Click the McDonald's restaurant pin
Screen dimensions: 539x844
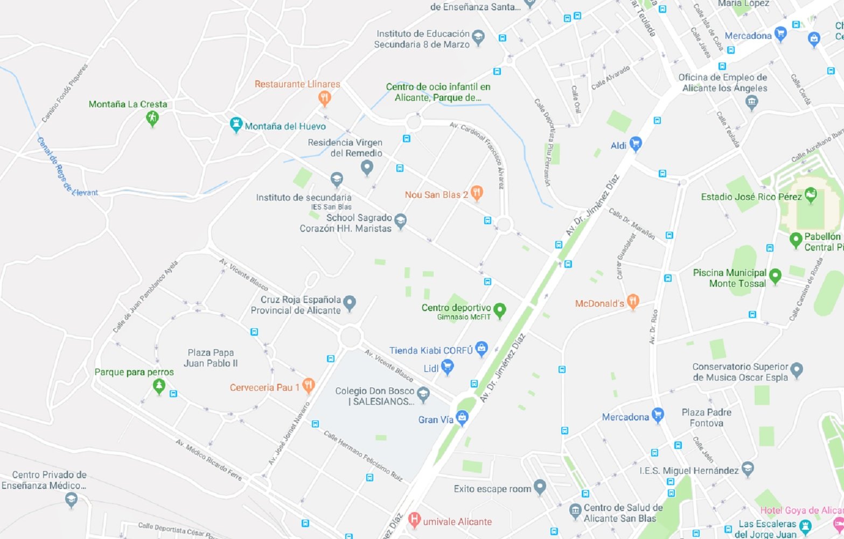pos(633,302)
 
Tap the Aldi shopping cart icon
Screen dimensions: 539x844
pos(636,144)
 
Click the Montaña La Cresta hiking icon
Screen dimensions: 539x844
pos(152,118)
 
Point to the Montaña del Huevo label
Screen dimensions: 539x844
pos(285,126)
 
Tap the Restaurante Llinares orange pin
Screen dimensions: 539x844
pos(324,98)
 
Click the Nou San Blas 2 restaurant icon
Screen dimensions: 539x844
pos(477,192)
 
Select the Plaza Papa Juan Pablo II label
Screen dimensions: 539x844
pos(211,358)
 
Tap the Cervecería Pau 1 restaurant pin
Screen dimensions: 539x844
pos(308,385)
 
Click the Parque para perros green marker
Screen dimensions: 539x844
pos(159,386)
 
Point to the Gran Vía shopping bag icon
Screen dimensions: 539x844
pos(462,417)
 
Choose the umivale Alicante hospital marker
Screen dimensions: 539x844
pos(414,520)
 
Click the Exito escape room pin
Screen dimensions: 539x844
pos(540,487)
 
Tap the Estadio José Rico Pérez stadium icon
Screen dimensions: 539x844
pos(810,195)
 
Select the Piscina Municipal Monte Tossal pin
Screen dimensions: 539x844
pos(775,276)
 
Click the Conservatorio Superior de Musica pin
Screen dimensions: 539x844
pos(797,370)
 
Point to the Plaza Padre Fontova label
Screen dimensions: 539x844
pos(706,418)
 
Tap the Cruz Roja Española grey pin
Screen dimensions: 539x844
pos(350,303)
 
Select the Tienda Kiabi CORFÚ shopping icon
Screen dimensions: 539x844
pos(482,349)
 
